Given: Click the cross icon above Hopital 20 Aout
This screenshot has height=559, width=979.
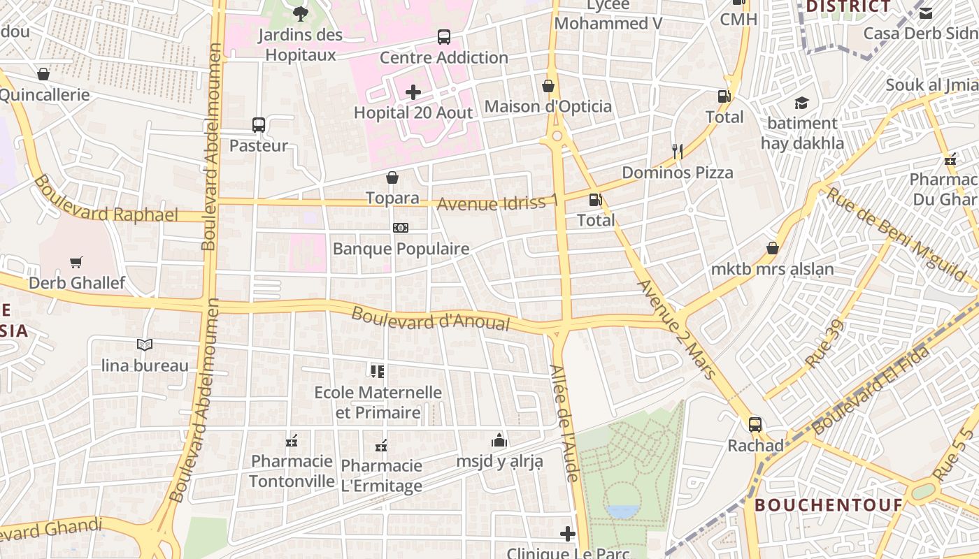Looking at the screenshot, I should (413, 92).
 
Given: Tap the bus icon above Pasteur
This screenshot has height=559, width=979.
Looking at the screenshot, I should (259, 125).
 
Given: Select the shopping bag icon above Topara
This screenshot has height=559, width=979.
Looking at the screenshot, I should (392, 177).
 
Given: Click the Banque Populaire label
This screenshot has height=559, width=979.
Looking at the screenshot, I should (401, 249).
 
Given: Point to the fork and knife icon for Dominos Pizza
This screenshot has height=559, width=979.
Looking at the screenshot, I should (677, 152).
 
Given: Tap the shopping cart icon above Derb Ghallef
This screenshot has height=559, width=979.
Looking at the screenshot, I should (76, 263).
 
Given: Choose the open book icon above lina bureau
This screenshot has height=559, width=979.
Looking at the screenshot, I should (145, 344).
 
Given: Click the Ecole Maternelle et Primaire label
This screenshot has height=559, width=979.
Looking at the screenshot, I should (378, 402).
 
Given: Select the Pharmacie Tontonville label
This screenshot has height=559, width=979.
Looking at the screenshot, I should (292, 471).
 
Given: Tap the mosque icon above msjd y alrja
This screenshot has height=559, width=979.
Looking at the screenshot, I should (499, 440).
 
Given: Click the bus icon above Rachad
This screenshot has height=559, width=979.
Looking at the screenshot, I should (755, 424).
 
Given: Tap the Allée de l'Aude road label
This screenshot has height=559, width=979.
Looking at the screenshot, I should (564, 423).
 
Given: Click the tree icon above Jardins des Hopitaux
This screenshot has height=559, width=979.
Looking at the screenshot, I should (301, 13).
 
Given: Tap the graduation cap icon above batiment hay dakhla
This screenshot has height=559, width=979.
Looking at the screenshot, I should (801, 103).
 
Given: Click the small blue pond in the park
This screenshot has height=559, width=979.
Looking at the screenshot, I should (623, 511).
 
